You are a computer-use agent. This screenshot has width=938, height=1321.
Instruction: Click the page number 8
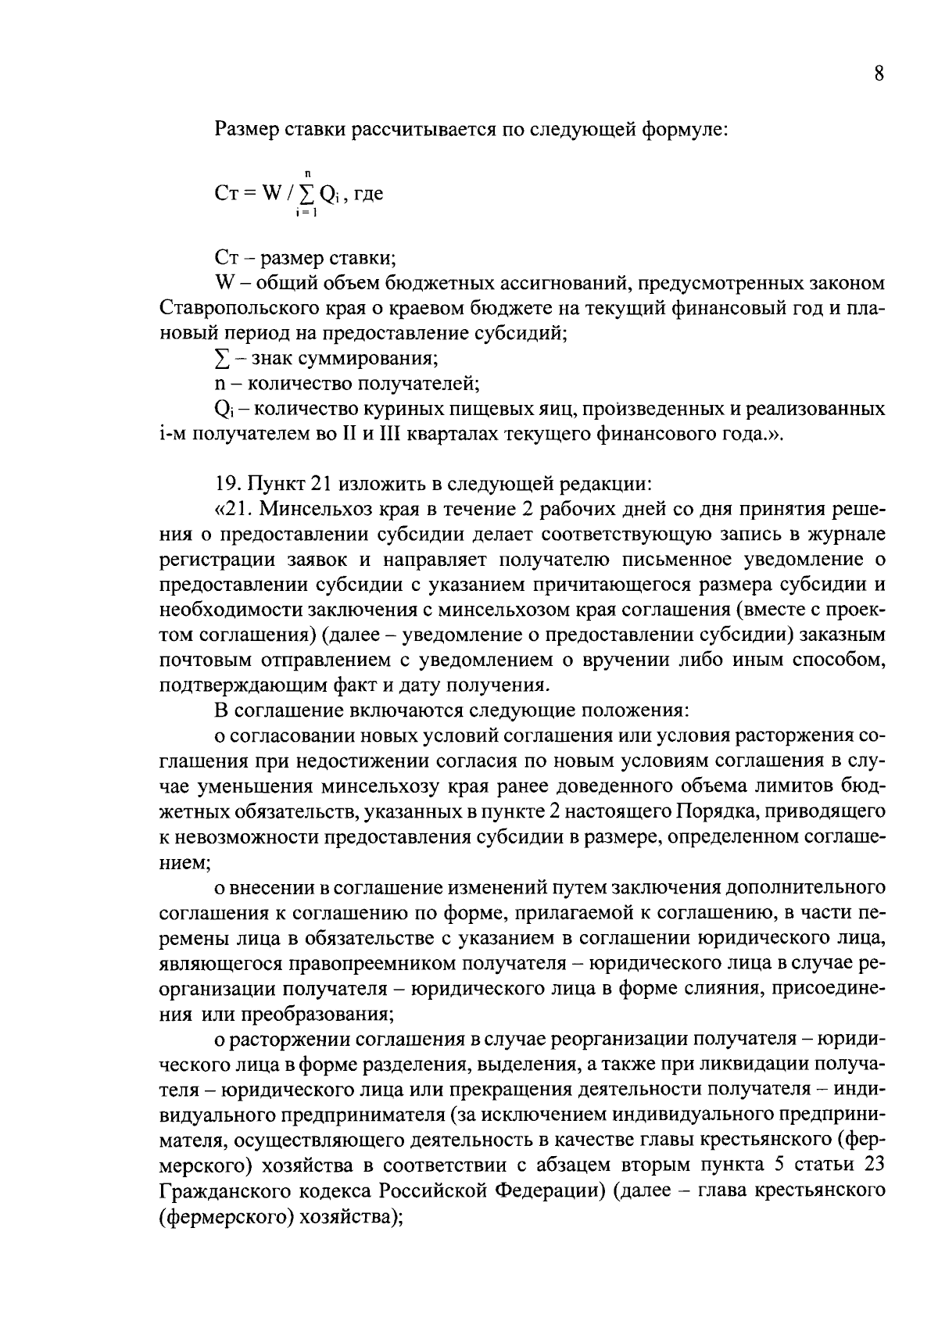[879, 74]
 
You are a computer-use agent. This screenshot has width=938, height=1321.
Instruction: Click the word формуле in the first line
[685, 128]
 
